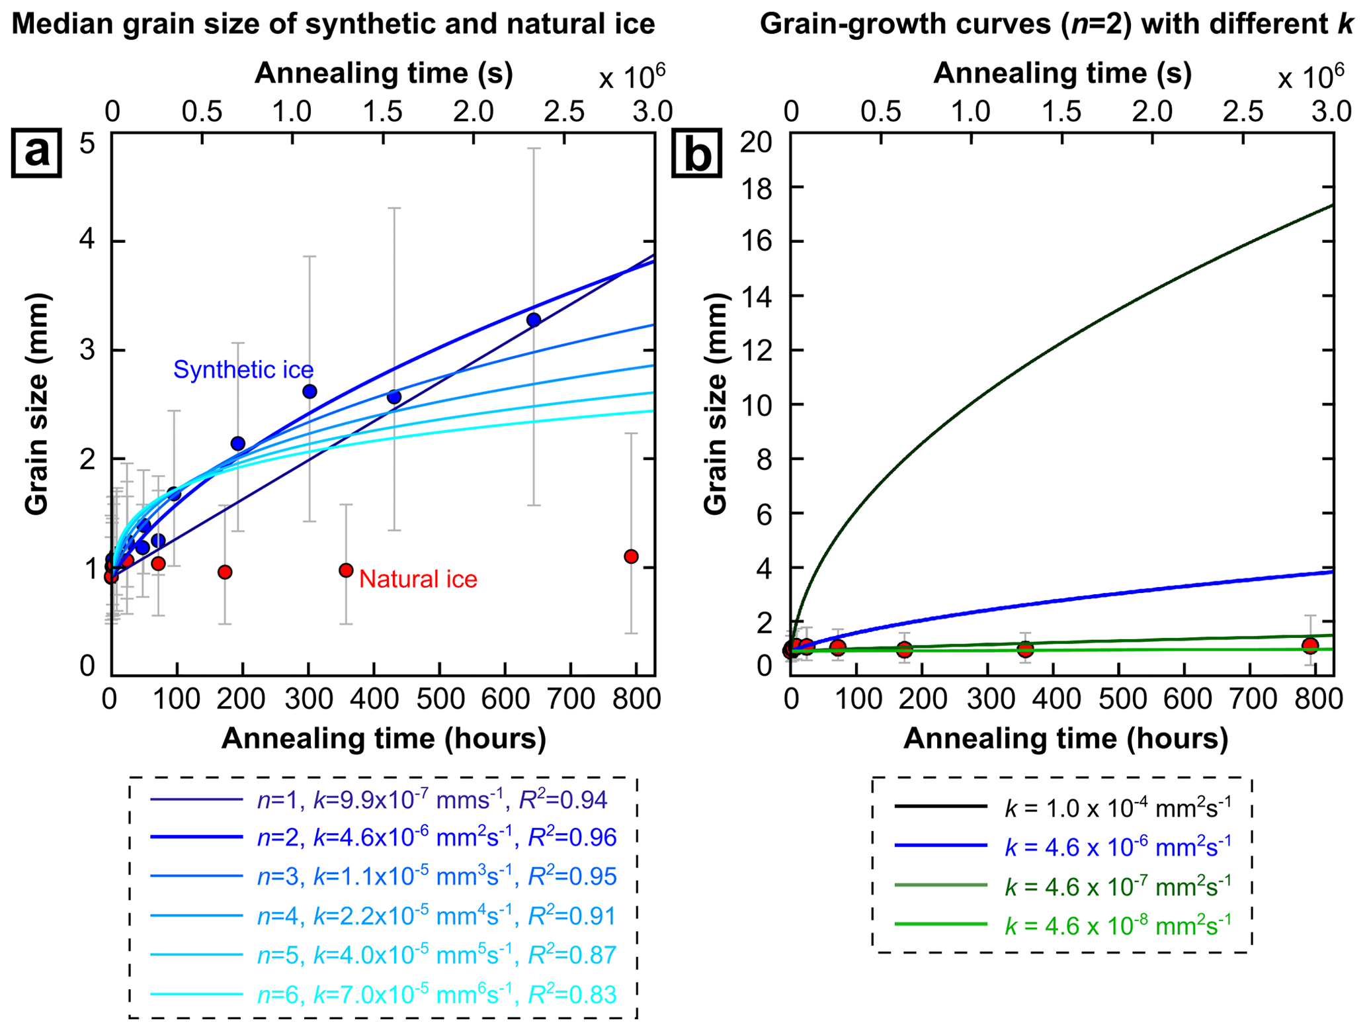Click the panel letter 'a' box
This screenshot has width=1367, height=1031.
36,153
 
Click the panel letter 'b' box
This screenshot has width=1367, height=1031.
697,154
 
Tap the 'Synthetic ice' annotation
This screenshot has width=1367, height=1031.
243,369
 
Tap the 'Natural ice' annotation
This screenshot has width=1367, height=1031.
418,579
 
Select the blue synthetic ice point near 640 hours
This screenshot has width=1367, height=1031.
534,320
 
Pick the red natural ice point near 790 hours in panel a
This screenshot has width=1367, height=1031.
631,557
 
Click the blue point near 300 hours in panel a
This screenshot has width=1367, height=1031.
310,392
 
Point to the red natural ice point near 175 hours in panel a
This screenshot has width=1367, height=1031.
225,572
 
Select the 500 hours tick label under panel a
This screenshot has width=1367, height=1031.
439,699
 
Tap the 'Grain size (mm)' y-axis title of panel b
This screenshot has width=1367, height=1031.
716,404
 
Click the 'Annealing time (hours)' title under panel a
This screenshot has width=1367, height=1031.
384,739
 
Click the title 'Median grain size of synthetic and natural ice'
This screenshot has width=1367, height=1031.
333,24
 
